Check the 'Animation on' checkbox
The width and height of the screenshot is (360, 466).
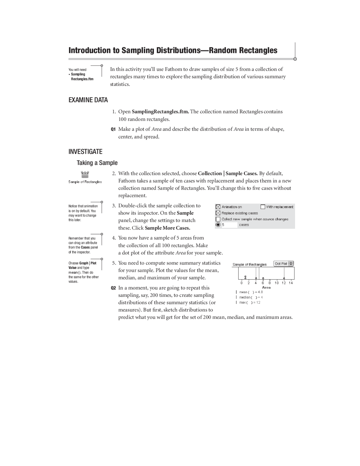(218, 207)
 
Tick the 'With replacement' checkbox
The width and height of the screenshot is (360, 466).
(263, 207)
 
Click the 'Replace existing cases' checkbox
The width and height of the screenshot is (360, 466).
(218, 213)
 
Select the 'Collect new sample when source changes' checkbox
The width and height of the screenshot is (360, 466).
(218, 219)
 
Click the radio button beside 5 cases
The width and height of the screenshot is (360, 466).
(218, 225)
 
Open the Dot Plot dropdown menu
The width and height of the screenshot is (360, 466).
(283, 264)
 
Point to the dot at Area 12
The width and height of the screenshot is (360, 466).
(284, 278)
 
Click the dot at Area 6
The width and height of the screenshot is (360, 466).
(263, 278)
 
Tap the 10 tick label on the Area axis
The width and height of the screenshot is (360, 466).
(277, 283)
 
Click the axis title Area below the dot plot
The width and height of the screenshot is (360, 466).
(266, 287)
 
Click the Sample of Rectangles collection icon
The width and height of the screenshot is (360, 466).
(85, 174)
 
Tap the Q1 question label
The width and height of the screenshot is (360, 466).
(113, 129)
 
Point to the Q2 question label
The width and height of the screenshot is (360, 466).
(113, 288)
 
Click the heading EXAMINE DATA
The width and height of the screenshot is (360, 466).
(88, 100)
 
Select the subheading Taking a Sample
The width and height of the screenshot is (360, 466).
(97, 163)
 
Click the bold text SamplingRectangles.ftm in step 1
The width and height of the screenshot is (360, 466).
(160, 112)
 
